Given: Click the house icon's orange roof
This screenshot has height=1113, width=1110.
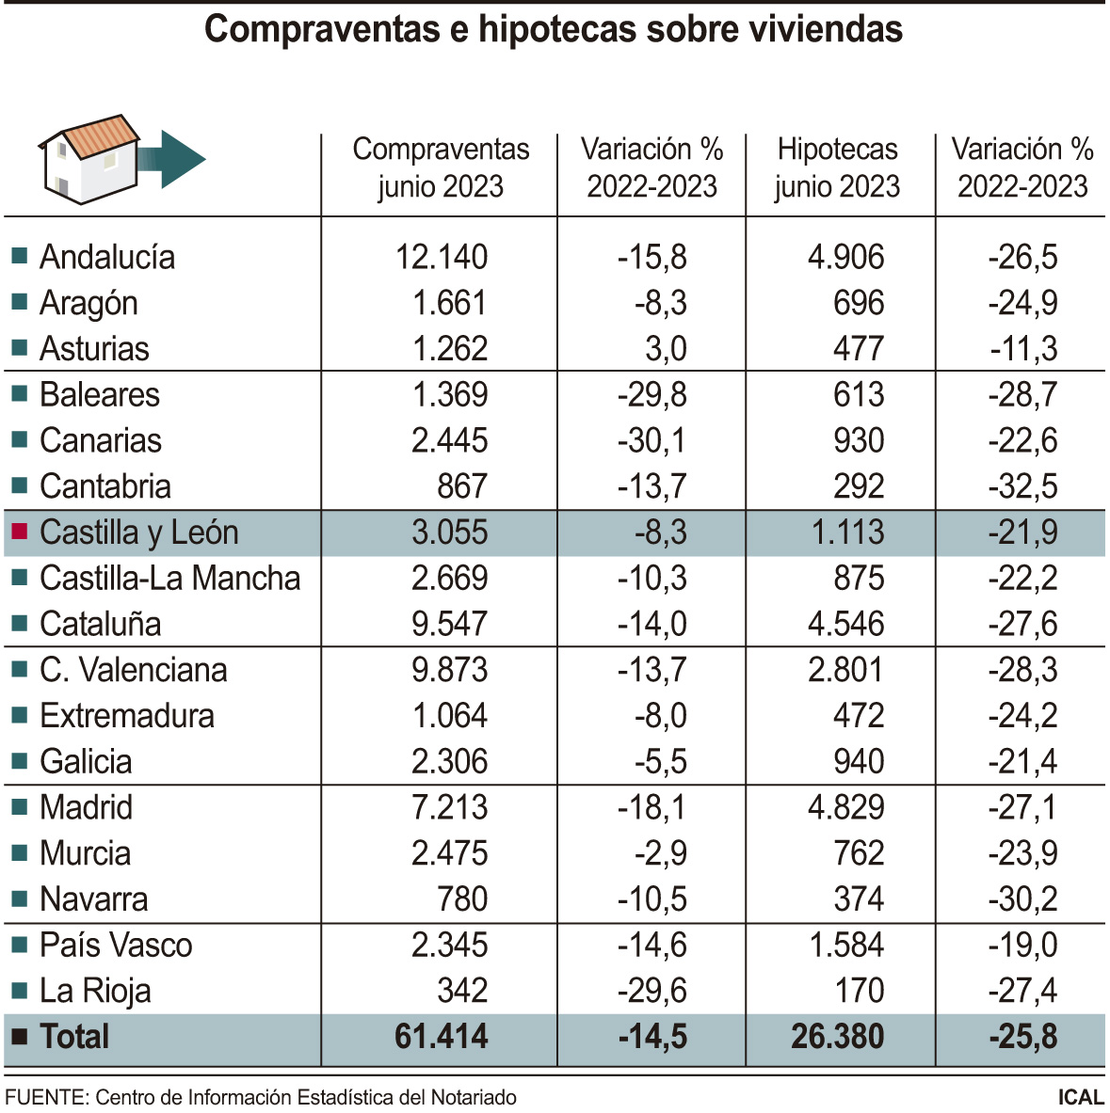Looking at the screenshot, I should pos(99,135).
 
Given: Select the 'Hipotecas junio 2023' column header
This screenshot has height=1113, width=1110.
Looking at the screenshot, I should pos(837,167).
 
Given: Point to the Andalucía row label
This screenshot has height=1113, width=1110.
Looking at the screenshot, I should pos(106,257).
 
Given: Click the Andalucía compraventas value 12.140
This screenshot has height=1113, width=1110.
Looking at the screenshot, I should pos(441,257).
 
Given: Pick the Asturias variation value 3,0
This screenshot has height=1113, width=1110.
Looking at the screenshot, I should pos(666,349).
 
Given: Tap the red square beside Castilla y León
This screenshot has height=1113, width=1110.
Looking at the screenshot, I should pos(19,532).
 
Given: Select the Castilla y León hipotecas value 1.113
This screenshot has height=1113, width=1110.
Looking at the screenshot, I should pos(847,533).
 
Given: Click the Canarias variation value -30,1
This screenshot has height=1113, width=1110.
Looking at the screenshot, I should pos(652,440).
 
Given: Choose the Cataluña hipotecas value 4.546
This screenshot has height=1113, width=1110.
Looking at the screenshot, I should pos(845,624).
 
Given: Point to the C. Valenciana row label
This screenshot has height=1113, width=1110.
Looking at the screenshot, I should pos(133,670).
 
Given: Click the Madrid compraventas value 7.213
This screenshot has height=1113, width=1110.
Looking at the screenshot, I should pos(449,807).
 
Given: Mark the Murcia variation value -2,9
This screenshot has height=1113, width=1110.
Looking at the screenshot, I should pos(660,853).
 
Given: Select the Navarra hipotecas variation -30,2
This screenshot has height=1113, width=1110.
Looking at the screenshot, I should pos(1022,899).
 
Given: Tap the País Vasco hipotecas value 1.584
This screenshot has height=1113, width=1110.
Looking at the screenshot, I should pos(845,945).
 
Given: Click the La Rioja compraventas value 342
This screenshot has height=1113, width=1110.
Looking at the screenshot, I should pos(462,991).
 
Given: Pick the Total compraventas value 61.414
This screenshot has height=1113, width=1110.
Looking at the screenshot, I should pos(441,1037).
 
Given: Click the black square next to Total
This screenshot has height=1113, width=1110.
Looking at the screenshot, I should pos(19,1037).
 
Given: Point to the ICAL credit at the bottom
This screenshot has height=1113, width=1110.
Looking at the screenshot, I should pos(1080,1097).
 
